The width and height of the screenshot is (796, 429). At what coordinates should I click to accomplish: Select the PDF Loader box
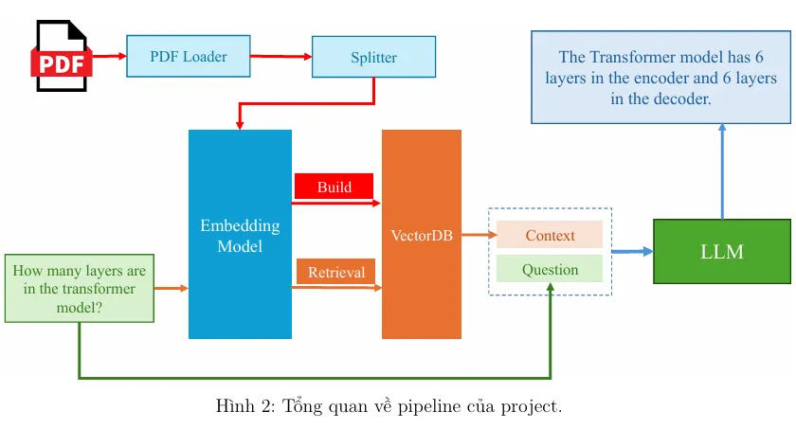[189, 57]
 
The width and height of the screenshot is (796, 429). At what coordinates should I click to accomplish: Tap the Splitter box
[373, 57]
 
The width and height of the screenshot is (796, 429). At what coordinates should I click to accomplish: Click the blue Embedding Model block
[240, 235]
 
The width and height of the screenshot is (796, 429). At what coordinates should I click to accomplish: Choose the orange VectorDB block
[422, 235]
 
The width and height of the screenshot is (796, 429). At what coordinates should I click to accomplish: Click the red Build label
[334, 187]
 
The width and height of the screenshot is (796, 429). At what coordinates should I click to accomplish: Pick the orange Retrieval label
[335, 272]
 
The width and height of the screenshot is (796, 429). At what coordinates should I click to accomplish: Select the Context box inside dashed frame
[550, 235]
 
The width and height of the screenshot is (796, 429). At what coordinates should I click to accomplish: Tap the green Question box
[550, 269]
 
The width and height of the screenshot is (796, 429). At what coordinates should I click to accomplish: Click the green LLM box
[721, 252]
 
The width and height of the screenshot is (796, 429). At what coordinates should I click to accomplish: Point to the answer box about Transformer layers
[660, 78]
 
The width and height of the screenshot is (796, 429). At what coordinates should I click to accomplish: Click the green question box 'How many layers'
[79, 288]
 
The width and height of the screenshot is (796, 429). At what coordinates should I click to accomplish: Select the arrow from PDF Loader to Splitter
[281, 57]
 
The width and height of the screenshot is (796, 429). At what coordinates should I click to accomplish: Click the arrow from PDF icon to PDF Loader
[110, 56]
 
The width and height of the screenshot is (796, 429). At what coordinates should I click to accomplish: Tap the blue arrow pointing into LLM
[632, 252]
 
